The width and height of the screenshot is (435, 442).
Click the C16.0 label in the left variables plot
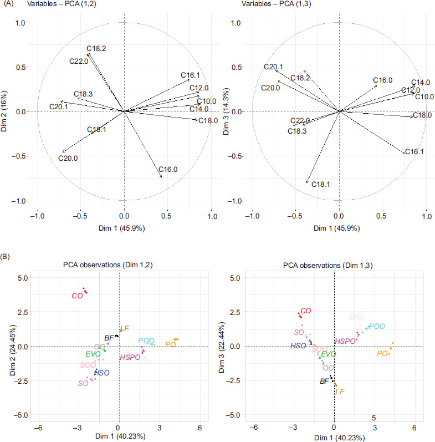click(x=167, y=169)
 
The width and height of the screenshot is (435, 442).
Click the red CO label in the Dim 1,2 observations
click(x=77, y=296)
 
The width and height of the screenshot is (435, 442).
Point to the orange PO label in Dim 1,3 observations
click(x=382, y=353)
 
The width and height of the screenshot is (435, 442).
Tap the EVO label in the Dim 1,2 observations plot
click(x=93, y=354)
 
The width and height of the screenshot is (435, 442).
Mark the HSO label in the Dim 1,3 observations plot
click(x=300, y=346)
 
